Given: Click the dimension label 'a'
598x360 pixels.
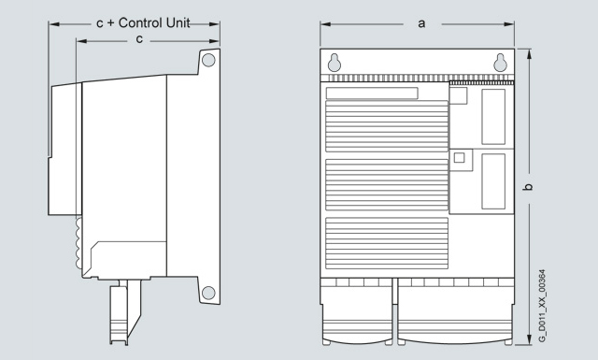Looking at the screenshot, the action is tap(421, 24).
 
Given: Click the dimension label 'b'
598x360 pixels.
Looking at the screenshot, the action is tap(528, 187).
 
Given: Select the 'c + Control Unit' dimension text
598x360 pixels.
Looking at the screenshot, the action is tap(143, 22).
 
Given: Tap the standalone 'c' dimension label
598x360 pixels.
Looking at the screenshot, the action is tap(139, 39).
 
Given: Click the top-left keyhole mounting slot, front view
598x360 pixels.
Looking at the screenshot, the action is tap(335, 63).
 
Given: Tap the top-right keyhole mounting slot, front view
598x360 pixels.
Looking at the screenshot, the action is tap(501, 63).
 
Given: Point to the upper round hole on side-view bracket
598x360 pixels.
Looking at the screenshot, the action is tap(208, 60).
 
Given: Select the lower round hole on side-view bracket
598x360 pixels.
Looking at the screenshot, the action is tap(208, 293).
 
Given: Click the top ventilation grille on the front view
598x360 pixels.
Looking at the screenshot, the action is tap(387, 126).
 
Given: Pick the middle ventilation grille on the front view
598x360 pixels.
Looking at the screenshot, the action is tap(387, 185).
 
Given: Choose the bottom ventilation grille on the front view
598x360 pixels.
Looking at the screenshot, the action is tap(387, 243).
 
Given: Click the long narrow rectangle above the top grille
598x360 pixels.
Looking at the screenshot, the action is tap(372, 94).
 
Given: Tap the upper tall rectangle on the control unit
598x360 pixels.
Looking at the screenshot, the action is tap(493, 117).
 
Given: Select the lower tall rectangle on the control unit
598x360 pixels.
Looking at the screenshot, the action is tap(493, 181).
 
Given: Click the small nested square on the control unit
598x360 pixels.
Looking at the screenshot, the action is tap(459, 158).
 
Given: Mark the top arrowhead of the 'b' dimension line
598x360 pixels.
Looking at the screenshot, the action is tap(529, 54).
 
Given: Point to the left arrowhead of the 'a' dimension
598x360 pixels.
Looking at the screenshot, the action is tap(325, 24).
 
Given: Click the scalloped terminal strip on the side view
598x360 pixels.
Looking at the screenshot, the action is tap(78, 243).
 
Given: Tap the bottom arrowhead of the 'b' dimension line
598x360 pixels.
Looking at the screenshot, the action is tap(529, 339).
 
